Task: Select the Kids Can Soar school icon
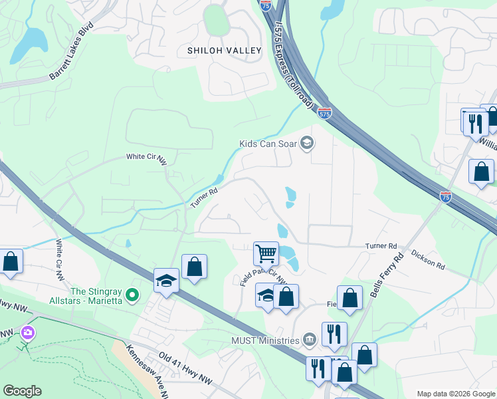(x=307, y=143)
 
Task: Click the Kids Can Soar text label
(x=269, y=143)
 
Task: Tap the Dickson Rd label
(x=427, y=259)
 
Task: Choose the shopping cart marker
(x=266, y=253)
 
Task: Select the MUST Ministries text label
(x=265, y=341)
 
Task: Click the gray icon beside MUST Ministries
(x=310, y=340)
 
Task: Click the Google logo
(x=22, y=391)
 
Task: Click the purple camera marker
(x=27, y=331)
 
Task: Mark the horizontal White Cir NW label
(x=147, y=157)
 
